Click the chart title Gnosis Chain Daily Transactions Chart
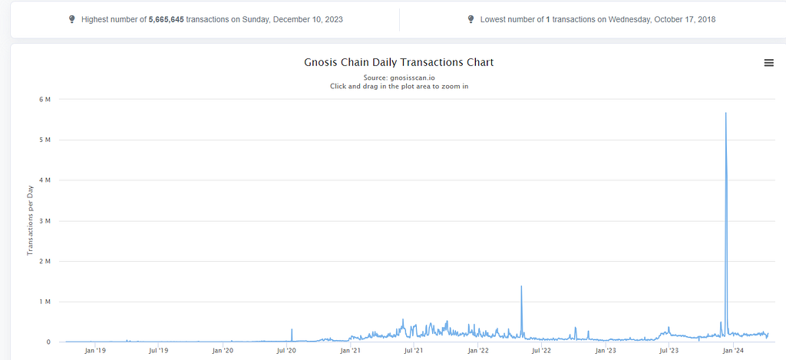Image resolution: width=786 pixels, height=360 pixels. pos(399,63)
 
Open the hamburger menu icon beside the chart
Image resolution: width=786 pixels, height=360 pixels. pos(768,63)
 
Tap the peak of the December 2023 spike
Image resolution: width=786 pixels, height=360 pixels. pos(725,114)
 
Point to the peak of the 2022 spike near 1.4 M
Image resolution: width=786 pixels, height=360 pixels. pos(521,286)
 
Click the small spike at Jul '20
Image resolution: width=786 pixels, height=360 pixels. pos(292,329)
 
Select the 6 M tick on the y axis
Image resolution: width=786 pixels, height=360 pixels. pos(45,99)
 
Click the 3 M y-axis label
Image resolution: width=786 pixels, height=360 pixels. pos(45,220)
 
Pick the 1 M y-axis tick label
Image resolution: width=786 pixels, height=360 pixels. pos(45,302)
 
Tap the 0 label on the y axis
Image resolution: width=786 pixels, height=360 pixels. pos(48,342)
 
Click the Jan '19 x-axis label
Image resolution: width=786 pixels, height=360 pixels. pos(94,351)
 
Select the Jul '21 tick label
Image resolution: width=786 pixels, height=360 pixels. pos(414,351)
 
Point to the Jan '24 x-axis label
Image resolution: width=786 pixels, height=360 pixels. pos(733,351)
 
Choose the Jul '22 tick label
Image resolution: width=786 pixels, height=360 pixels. pos(541,351)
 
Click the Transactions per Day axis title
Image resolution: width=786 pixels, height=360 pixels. pos(29,220)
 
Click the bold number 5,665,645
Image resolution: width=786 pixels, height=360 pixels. pos(167,19)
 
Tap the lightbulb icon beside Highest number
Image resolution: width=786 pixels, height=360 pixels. pos(71,19)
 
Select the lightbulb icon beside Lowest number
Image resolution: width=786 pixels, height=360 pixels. pos(471,19)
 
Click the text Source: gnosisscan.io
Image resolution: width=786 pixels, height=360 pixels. pos(399,78)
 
